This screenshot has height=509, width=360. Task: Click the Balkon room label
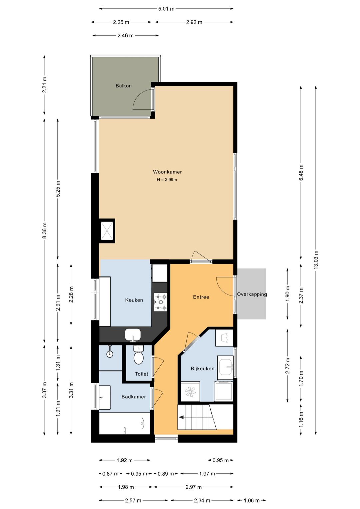click(x=123, y=86)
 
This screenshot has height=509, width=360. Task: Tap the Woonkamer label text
click(x=167, y=172)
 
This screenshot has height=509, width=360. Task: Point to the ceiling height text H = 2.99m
click(x=167, y=179)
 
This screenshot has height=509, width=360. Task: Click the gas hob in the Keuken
click(x=161, y=302)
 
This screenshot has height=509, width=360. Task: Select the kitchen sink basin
click(x=133, y=334)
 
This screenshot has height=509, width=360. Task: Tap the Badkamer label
click(x=134, y=397)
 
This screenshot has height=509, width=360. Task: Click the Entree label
click(x=201, y=297)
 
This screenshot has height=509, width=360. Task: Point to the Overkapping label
click(x=252, y=294)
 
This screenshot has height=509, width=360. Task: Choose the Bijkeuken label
click(x=203, y=368)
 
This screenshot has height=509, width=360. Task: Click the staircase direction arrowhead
click(x=181, y=417)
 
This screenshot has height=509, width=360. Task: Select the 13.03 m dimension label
click(x=316, y=260)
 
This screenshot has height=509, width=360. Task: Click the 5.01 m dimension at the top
click(x=166, y=9)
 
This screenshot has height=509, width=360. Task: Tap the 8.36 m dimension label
click(x=45, y=230)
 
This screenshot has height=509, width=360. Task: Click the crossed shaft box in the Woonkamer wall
click(x=107, y=230)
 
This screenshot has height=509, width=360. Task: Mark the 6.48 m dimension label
click(x=301, y=172)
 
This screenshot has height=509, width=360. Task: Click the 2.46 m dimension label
click(x=126, y=35)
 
